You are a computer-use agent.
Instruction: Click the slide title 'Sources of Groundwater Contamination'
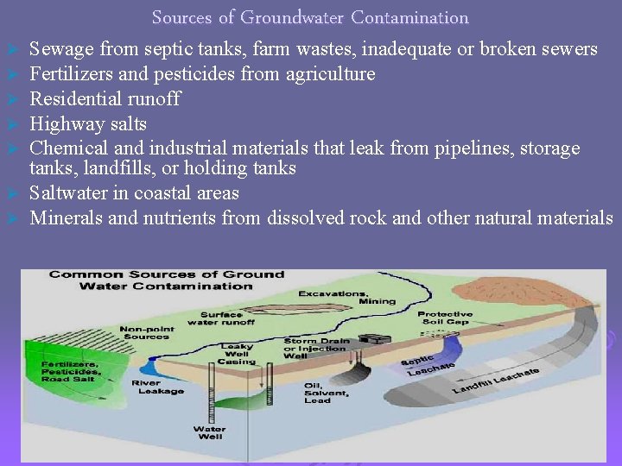(310, 17)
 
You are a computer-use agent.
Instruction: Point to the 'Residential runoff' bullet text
(105, 98)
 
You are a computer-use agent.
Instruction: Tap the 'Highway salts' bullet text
(88, 123)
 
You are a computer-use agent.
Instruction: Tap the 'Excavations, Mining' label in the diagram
(346, 298)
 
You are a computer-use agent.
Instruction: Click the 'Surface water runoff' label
(227, 319)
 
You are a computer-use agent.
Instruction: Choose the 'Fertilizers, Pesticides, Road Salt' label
(69, 371)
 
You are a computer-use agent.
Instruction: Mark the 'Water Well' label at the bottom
(209, 433)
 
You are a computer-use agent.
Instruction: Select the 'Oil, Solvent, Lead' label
(326, 393)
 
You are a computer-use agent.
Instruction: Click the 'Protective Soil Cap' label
(445, 318)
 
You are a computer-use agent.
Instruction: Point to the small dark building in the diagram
(374, 340)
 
